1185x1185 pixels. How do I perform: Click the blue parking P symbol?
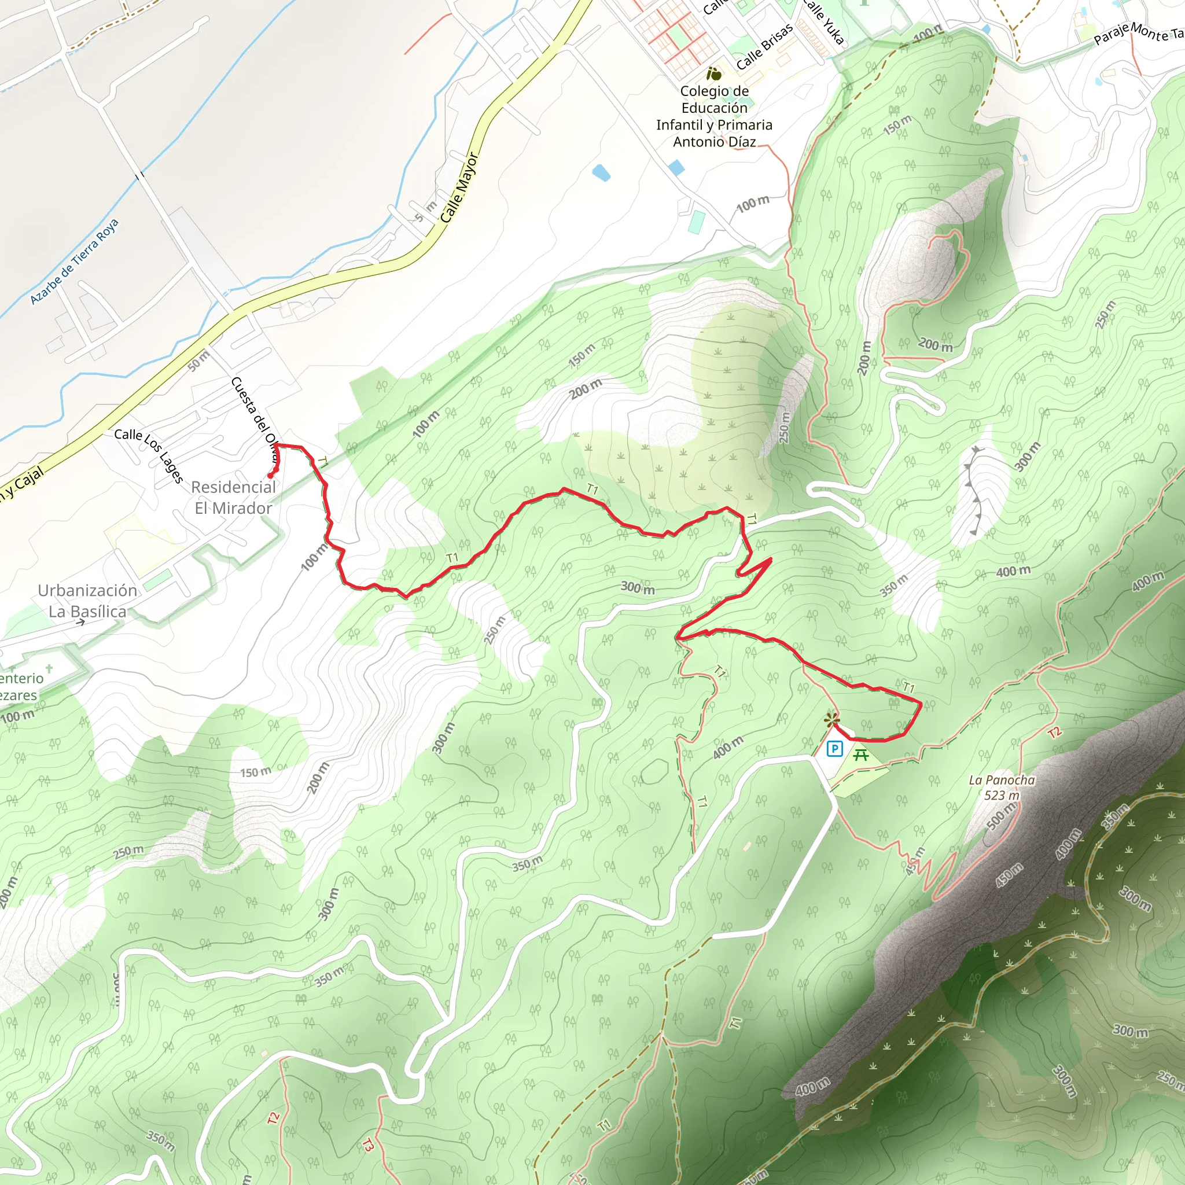(835, 748)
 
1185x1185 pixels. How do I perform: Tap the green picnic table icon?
(861, 755)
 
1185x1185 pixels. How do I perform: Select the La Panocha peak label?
(1002, 780)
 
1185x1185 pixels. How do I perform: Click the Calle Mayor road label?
(459, 188)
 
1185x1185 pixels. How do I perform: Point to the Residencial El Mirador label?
(233, 498)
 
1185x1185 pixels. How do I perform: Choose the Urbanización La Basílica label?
(87, 601)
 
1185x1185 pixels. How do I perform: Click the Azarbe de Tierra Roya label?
(73, 262)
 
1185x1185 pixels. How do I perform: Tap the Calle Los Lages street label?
(149, 455)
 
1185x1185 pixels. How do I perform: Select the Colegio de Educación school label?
(714, 116)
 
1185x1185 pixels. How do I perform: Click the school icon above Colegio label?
(713, 74)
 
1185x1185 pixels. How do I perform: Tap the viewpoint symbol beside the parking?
(831, 719)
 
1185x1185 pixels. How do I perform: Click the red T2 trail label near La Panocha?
(1054, 733)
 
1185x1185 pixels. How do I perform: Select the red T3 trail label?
(367, 1144)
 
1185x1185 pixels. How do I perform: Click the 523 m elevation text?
(1002, 796)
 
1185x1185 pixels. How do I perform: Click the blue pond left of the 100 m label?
(676, 167)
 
